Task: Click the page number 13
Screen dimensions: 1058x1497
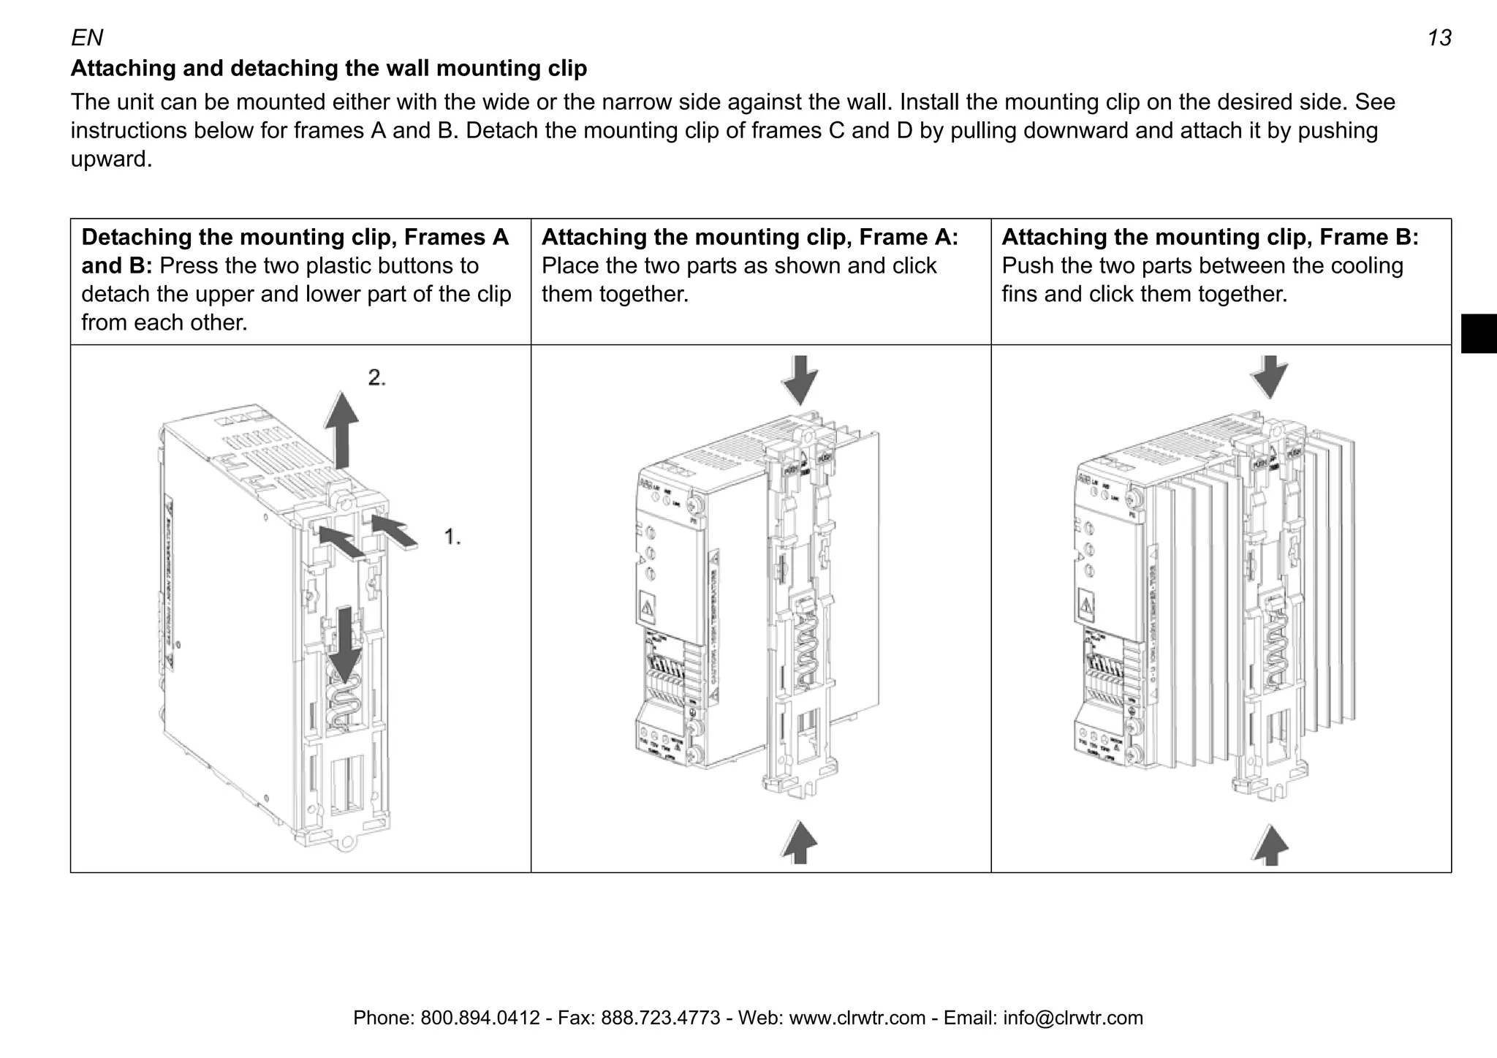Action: point(1439,38)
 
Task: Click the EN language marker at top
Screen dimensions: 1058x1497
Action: point(87,37)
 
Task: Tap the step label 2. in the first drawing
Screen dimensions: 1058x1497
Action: point(376,378)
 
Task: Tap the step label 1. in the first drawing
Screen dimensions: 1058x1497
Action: point(452,537)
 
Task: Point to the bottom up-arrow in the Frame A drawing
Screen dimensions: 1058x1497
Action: point(800,842)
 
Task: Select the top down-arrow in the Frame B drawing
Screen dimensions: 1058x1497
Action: point(1270,377)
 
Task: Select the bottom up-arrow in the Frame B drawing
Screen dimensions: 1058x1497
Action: point(1270,845)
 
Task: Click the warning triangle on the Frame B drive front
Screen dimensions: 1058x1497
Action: point(1087,606)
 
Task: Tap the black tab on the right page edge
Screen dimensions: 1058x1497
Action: point(1478,333)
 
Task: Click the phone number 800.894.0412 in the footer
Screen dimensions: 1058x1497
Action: point(480,1018)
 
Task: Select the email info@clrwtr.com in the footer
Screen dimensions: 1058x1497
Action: point(1072,1018)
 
